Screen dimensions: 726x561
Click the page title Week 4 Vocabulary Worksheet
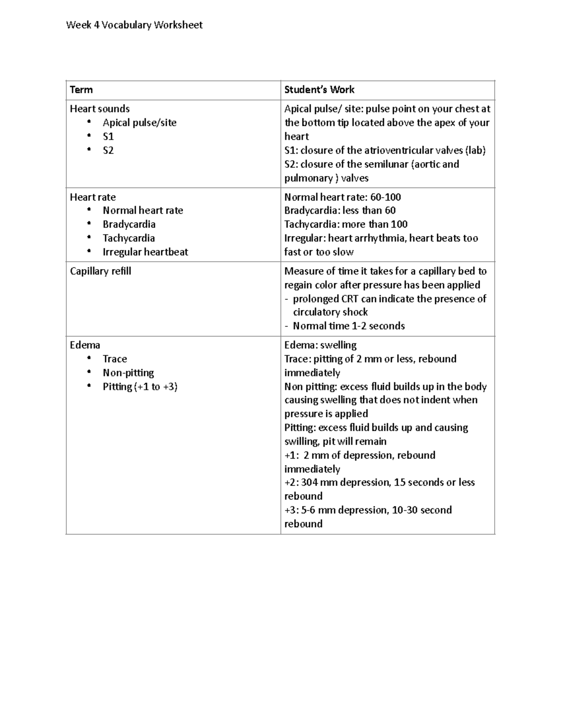pos(134,25)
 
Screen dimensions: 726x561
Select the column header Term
pos(81,90)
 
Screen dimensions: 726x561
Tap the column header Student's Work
pos(319,90)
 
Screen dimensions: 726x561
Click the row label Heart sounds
pos(100,109)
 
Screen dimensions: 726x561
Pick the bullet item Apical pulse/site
pos(139,123)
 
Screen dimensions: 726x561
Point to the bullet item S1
pos(108,137)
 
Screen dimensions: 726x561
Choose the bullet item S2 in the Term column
pos(108,151)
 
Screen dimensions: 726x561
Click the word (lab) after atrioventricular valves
pos(475,151)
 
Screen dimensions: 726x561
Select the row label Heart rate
pos(93,197)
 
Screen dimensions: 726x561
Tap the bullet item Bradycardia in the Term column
pos(129,224)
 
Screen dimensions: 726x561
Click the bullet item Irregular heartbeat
pos(145,252)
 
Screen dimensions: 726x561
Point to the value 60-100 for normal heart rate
pos(385,197)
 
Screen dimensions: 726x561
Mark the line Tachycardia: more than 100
pos(346,224)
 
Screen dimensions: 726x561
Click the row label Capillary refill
pos(101,271)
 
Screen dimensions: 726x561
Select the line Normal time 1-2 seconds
pos(348,326)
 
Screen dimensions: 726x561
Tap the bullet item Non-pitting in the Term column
pos(128,373)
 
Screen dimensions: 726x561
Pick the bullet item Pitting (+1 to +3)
pos(140,387)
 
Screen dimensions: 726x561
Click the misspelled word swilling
pos(302,441)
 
